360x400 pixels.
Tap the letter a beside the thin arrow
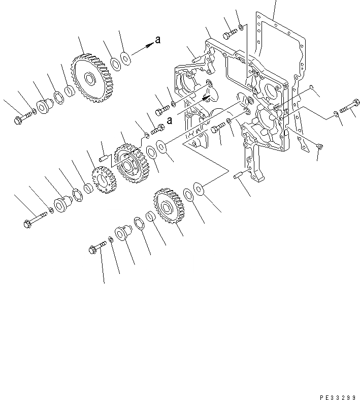tap(158, 40)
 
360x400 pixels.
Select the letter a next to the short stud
tap(170, 121)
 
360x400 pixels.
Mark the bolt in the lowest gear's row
tap(97, 248)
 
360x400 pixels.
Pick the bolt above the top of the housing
tap(230, 34)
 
